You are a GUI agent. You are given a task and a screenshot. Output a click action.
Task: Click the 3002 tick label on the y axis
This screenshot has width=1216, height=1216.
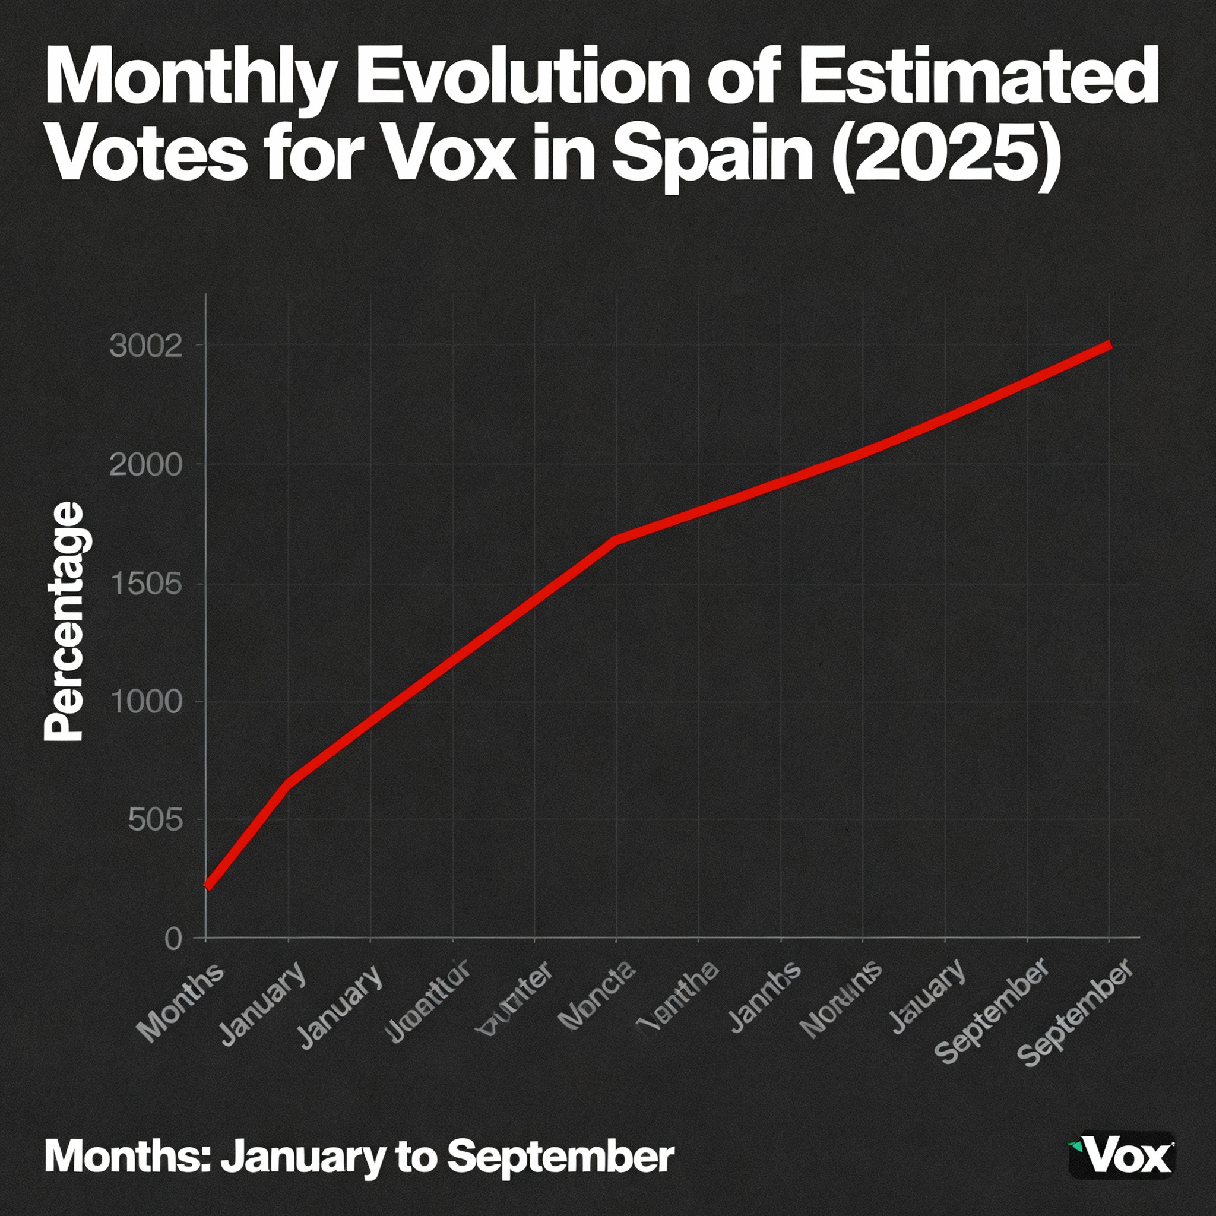[x=146, y=346]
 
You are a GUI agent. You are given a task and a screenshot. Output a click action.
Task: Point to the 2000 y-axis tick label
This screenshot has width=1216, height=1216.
[x=146, y=465]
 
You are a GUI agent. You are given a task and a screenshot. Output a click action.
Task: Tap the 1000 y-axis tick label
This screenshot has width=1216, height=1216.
[x=146, y=702]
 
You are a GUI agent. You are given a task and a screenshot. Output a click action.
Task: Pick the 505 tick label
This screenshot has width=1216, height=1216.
[x=155, y=820]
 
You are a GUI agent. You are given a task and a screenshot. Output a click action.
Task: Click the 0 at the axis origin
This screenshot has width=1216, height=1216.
[x=174, y=939]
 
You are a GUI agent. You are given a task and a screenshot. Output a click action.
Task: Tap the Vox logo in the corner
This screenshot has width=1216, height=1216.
[x=1121, y=1156]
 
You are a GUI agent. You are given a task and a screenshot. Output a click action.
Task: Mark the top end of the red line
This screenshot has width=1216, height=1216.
[x=1110, y=345]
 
